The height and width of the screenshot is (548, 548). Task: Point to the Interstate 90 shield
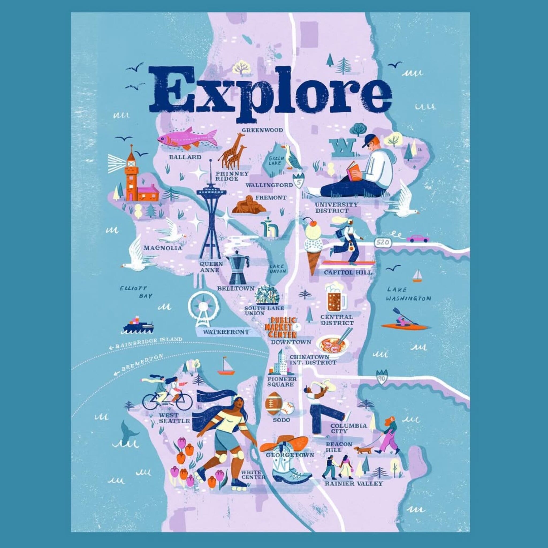pyautogui.click(x=380, y=377)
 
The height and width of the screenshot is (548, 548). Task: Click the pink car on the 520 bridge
pyautogui.click(x=417, y=238)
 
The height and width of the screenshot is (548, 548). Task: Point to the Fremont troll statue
pyautogui.click(x=249, y=205)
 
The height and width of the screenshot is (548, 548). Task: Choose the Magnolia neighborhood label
pyautogui.click(x=162, y=248)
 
